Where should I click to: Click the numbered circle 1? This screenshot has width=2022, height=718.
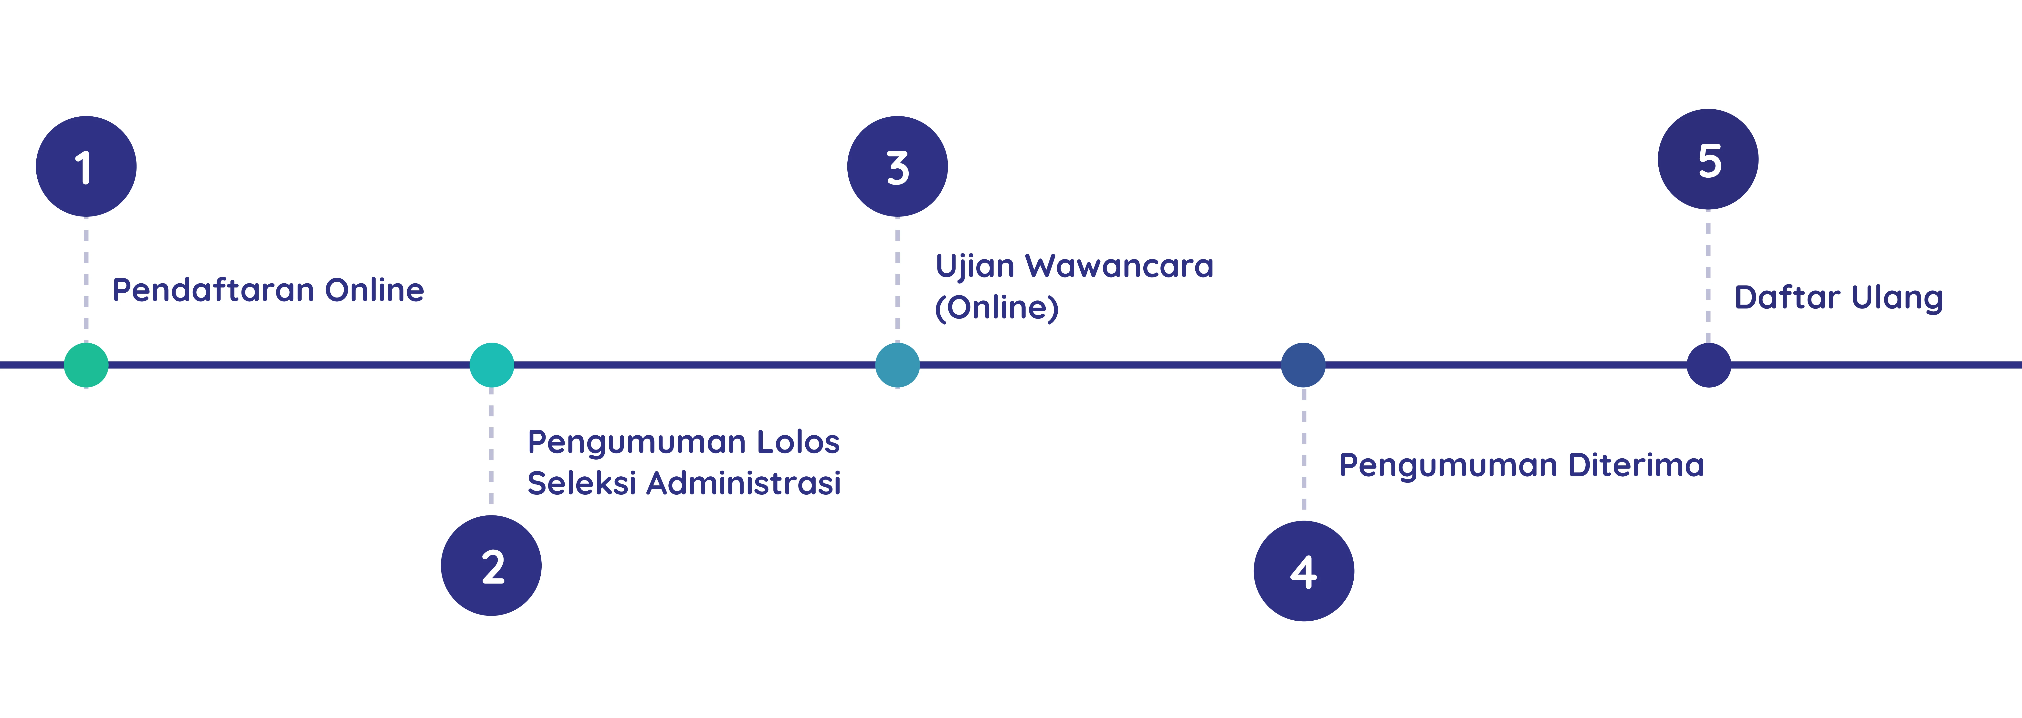click(86, 166)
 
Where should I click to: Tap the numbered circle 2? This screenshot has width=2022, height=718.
click(491, 566)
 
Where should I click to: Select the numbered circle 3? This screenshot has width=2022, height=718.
click(897, 166)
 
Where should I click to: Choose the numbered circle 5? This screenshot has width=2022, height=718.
click(1708, 159)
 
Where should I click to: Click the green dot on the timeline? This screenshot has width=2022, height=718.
click(86, 365)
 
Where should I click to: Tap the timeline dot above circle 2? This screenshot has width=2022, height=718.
click(491, 365)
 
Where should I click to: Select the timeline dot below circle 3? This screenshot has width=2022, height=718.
click(897, 365)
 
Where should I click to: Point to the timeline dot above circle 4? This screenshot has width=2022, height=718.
click(1303, 365)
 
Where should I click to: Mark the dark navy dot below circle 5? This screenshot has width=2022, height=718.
click(1709, 365)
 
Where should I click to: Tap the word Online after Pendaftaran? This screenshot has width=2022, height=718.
click(374, 290)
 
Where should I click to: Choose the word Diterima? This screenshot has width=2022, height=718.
click(1637, 465)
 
